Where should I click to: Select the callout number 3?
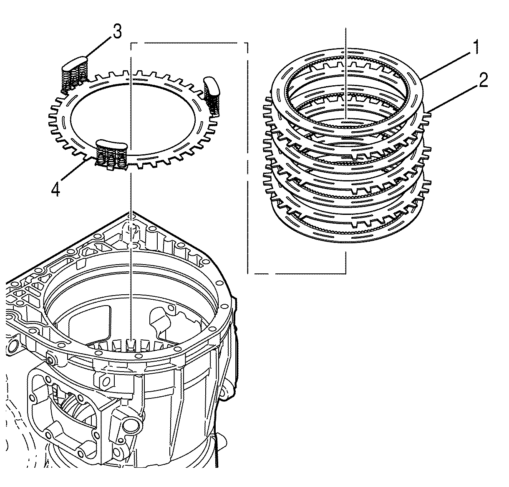(117, 32)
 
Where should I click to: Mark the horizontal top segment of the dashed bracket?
(188, 42)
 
